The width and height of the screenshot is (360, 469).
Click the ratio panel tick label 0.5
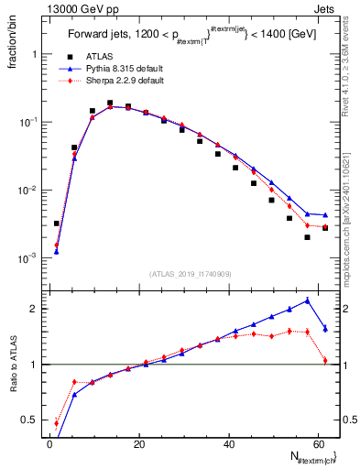pyautogui.click(x=29, y=420)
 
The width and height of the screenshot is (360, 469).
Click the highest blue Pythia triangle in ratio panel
pyautogui.click(x=307, y=300)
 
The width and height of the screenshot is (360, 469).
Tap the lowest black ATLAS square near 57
pyautogui.click(x=307, y=237)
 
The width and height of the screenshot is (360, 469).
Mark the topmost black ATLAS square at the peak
pyautogui.click(x=110, y=103)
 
